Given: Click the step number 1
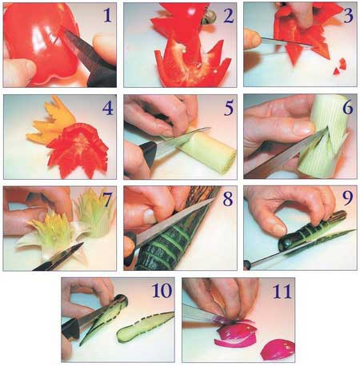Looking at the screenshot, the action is coord(107,14).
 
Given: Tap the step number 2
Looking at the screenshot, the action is coord(228,15).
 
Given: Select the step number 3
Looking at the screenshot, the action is coord(348,15).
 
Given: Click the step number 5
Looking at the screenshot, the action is coord(229,108).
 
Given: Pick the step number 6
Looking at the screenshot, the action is coord(348,107).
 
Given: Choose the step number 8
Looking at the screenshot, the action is coord(228,199).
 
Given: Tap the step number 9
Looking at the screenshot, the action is coord(348,198).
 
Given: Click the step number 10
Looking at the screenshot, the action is coord(162,291).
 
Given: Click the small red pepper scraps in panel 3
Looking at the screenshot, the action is coord(340,66).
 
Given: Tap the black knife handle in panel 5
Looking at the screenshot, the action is coord(146,154).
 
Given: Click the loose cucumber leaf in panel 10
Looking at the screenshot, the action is coord(146,326).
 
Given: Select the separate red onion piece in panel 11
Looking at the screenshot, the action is coord(278,349).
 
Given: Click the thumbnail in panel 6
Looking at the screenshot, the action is coord(304,127).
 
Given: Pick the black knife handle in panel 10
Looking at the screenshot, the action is coord(70,328).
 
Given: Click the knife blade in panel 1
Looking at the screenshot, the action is coord(80,50).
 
